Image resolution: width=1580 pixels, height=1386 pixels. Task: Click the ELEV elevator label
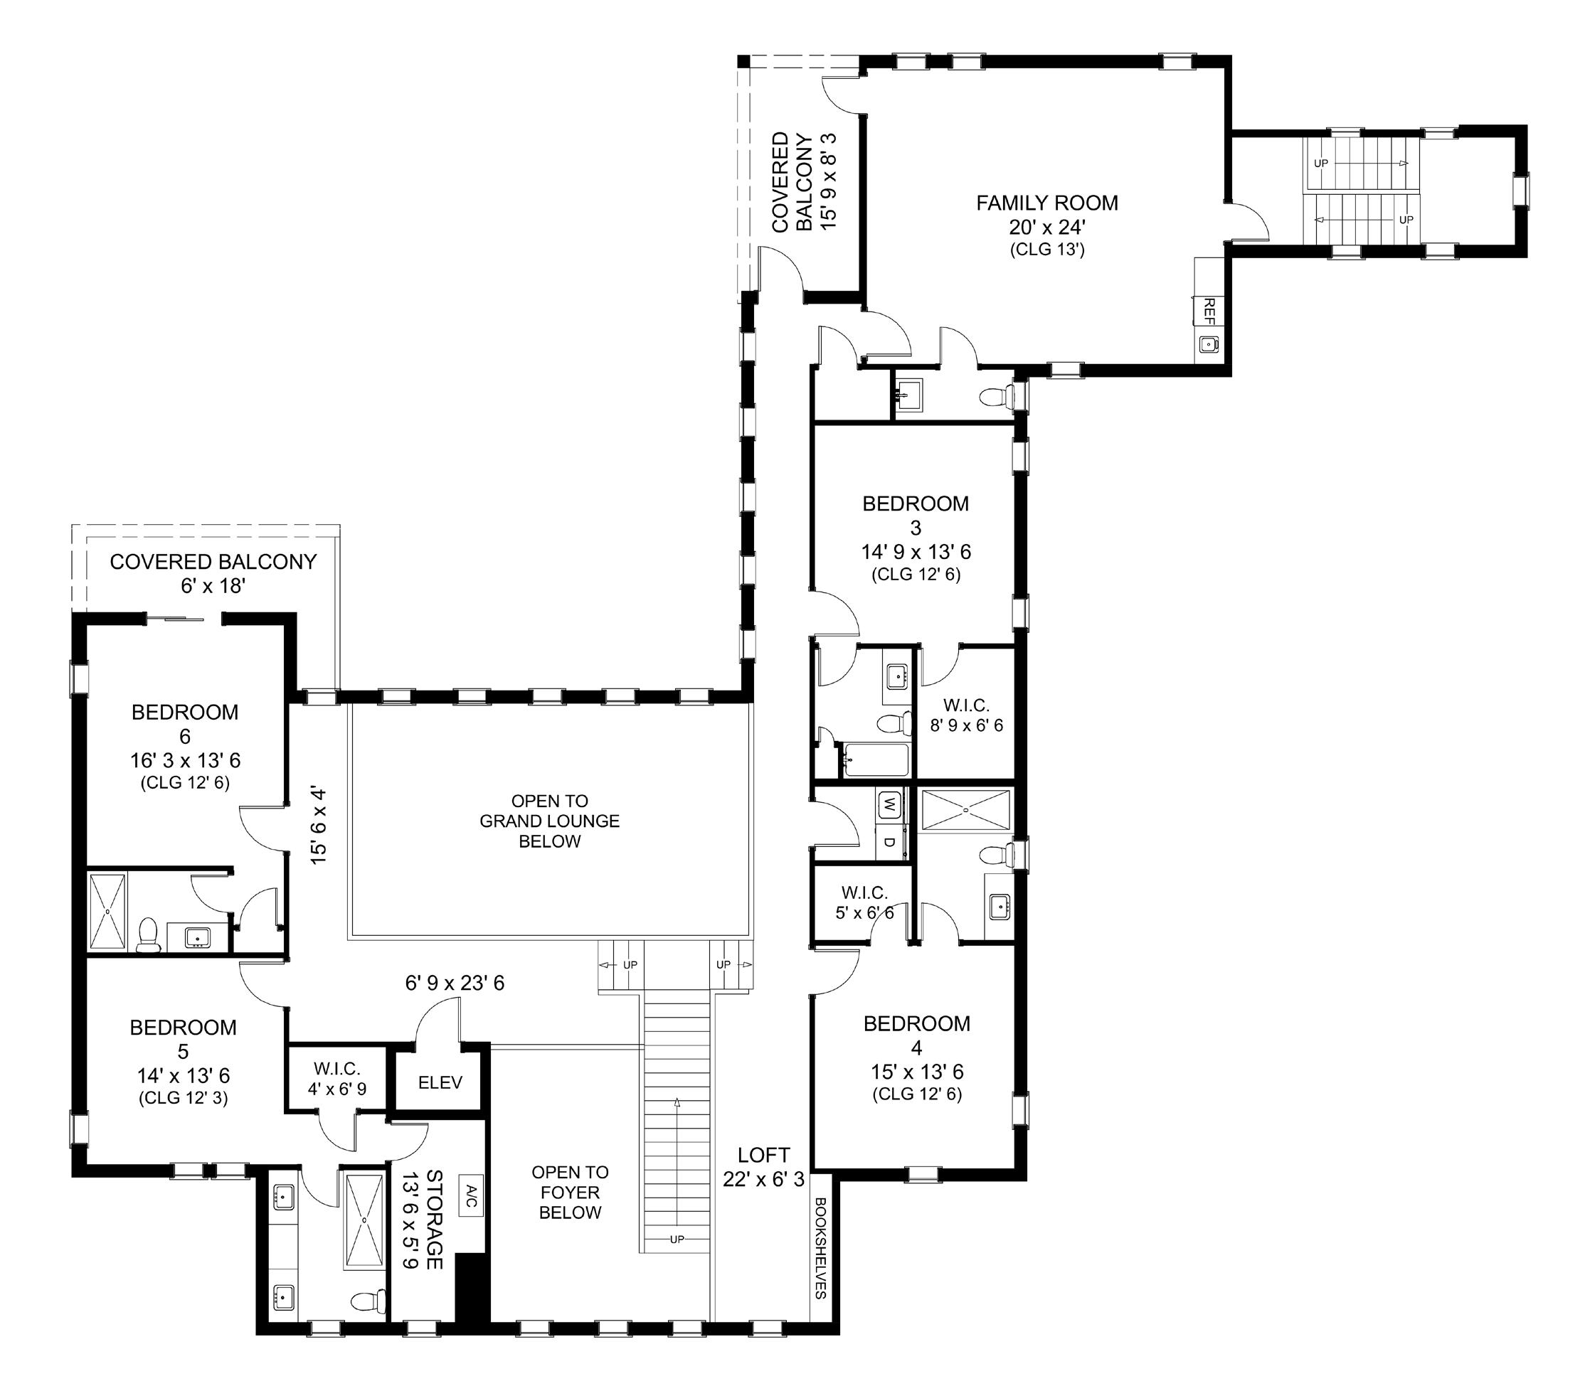pos(440,1082)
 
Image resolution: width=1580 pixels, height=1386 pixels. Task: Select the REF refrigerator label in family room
pos(1209,311)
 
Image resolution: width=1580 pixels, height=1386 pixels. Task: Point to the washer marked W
pos(891,805)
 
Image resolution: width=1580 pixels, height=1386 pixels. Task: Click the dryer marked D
pos(891,841)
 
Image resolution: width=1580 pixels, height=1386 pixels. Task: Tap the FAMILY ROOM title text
pos(1046,203)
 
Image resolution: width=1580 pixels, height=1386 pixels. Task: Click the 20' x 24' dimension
pos(1047,227)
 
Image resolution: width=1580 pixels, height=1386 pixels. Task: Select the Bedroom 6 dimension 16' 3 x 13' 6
pos(185,760)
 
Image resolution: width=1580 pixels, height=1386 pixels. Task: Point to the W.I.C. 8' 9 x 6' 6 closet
pos(966,715)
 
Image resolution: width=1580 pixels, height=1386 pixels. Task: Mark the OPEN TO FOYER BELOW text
pos(570,1192)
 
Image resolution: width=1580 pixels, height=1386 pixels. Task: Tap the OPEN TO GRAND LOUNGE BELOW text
pos(550,821)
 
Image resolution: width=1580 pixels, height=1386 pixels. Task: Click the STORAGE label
pos(435,1219)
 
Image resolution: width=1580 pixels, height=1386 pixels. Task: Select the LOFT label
pos(764,1155)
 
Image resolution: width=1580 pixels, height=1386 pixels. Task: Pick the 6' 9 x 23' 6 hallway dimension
pos(455,983)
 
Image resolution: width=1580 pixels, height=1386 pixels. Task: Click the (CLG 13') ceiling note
pos(1047,250)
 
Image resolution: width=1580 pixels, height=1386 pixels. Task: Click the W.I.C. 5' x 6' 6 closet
pos(864,902)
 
